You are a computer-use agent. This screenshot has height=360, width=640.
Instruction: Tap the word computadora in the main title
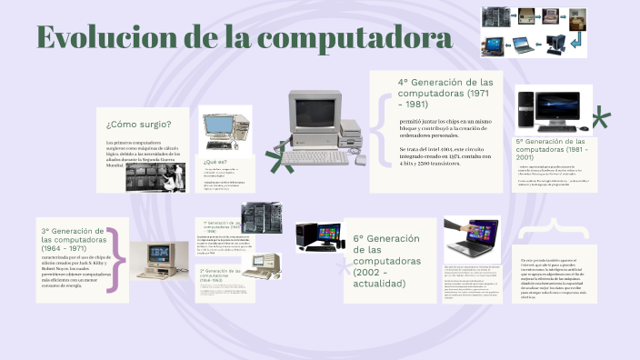click(x=356, y=38)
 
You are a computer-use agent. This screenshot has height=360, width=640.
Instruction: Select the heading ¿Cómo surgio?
click(x=138, y=124)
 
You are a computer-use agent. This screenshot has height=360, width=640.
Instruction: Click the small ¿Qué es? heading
click(x=215, y=161)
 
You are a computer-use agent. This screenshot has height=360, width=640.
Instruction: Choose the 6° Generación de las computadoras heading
click(x=386, y=261)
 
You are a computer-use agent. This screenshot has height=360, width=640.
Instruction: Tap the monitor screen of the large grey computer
click(x=310, y=114)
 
